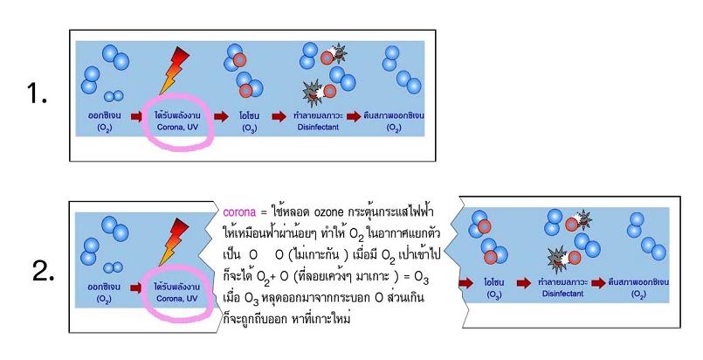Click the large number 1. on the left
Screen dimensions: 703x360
[38, 93]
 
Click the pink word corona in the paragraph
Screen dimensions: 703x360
[239, 211]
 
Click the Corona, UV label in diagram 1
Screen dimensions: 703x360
[177, 127]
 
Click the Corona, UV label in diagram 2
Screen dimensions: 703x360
[177, 299]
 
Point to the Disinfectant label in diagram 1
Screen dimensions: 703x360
[319, 127]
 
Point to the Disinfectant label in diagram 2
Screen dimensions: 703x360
[563, 294]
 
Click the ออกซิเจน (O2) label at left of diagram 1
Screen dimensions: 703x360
[105, 121]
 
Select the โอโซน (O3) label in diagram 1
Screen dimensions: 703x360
[250, 122]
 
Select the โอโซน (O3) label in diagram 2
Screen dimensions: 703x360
[494, 288]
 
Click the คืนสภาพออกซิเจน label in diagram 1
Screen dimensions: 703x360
[393, 115]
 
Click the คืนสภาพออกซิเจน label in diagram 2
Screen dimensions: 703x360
[638, 282]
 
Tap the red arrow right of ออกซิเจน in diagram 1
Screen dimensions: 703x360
[136, 116]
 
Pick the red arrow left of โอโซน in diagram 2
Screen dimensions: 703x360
[466, 283]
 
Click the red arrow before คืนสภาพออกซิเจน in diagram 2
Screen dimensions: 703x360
[598, 283]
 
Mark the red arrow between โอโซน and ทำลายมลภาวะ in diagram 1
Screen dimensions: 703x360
[279, 116]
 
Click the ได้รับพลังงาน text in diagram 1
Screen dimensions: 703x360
[177, 116]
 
